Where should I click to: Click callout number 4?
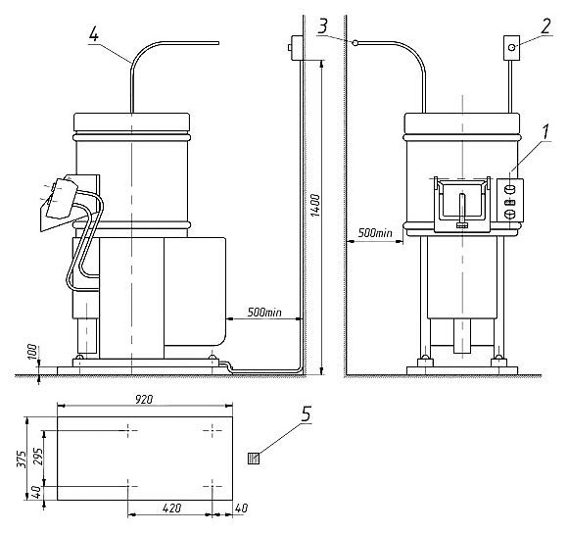pos(93,34)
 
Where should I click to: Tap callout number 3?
pos(322,26)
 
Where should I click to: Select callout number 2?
pos(545,26)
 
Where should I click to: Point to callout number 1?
pos(545,132)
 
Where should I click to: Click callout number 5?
pos(307,413)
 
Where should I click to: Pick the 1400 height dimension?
pos(315,206)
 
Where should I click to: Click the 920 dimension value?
pos(144,400)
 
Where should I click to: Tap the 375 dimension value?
pos(23,460)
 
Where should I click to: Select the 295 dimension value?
pos(38,457)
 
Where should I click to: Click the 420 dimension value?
pos(171,508)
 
